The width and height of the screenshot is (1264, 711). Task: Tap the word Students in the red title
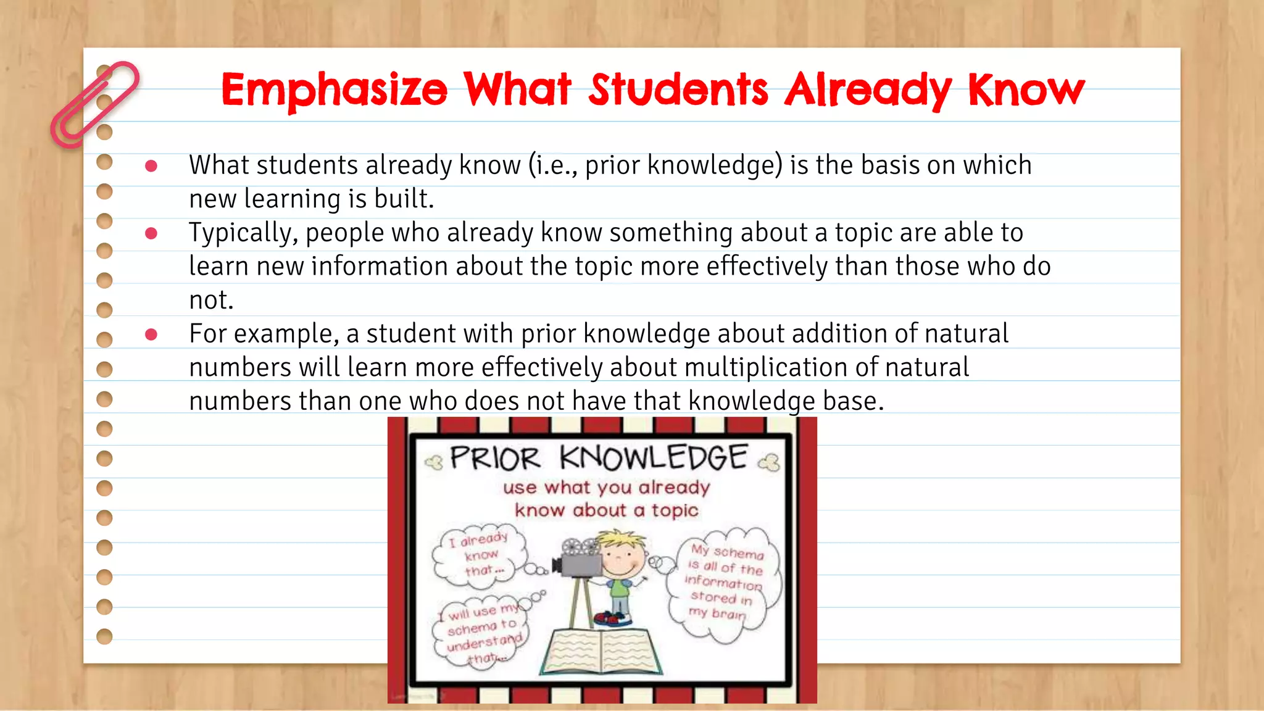click(678, 89)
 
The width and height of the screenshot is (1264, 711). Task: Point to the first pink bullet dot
click(151, 165)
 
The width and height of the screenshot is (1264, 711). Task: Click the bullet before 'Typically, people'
click(151, 233)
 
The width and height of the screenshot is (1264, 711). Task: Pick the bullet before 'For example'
click(151, 335)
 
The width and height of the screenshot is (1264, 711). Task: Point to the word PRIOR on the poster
click(495, 459)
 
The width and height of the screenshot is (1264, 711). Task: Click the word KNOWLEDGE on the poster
click(654, 458)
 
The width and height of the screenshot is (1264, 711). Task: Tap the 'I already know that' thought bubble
click(480, 555)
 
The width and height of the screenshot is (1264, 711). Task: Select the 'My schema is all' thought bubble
click(725, 581)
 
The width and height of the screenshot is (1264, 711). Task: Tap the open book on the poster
click(601, 652)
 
